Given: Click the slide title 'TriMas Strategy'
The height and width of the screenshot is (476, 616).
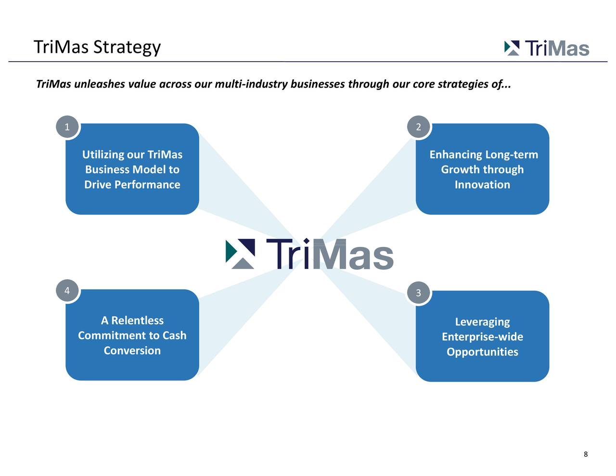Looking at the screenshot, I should pos(97,47).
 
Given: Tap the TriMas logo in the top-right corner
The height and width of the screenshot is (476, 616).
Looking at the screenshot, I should pos(547,48).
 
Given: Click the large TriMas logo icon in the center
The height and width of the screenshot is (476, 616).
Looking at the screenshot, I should pos(240,254).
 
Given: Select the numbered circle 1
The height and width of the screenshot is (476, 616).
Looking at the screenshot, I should pos(67,127).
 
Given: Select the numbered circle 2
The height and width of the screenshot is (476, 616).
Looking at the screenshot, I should pos(418,127).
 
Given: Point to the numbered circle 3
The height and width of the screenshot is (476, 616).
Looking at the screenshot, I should pos(418,293).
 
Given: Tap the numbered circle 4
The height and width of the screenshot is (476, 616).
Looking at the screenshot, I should pos(67,291).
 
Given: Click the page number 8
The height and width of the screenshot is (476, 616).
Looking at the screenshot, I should pos(585,454).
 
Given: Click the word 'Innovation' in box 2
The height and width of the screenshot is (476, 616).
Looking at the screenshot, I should pos(482,185).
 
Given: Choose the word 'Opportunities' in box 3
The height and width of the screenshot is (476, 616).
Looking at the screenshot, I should pos(482,352).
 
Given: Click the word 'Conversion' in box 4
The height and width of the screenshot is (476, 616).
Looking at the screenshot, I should pos(132,350).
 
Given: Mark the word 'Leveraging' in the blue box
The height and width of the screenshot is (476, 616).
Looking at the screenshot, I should pos(482,322).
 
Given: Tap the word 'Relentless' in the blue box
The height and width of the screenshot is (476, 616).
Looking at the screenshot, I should pos(138,321).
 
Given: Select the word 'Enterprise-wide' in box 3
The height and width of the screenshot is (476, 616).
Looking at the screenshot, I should pos(482,337).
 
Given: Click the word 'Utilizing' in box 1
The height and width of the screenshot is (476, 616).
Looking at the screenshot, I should pos(103,154).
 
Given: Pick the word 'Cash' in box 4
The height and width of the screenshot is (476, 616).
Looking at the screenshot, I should pos(174,335).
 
